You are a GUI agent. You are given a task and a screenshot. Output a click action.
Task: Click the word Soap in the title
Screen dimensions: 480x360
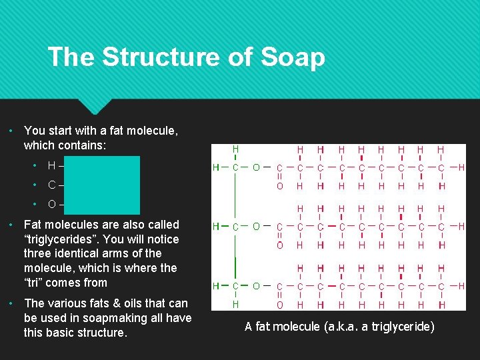click(293, 57)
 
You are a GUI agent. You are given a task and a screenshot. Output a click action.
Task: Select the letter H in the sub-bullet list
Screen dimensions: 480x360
click(51, 165)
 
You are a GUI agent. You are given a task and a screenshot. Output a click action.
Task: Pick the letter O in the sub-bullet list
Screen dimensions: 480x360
click(51, 203)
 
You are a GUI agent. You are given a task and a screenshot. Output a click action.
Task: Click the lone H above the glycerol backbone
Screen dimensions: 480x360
click(235, 149)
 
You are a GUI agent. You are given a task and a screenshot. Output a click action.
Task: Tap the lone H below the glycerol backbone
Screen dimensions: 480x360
click(235, 305)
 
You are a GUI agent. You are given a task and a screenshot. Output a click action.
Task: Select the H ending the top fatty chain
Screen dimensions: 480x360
click(461, 167)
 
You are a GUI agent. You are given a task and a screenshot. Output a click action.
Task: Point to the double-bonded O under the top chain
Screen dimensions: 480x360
click(280, 186)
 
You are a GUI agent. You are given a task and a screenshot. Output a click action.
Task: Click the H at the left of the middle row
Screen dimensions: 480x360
click(216, 227)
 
